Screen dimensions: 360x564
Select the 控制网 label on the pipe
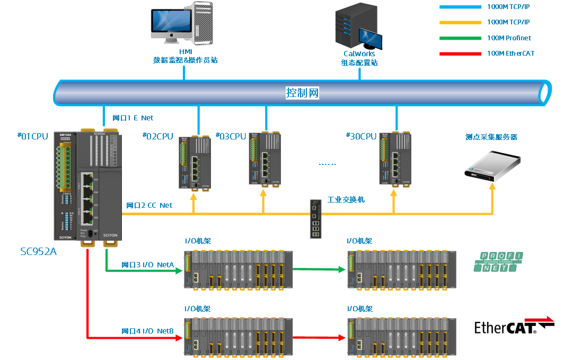302,93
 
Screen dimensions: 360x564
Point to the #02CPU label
158,136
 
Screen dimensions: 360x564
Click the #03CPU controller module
263,159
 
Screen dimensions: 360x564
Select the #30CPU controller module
394,160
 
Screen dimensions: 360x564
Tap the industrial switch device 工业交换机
315,219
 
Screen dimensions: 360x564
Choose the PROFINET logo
498,262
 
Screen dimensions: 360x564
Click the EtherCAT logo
518,325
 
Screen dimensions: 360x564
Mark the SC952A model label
38,251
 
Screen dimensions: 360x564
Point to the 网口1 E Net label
133,118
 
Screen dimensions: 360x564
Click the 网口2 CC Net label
149,205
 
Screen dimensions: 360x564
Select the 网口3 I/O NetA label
147,265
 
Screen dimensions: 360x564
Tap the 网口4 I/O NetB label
147,331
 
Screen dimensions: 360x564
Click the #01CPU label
33,136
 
